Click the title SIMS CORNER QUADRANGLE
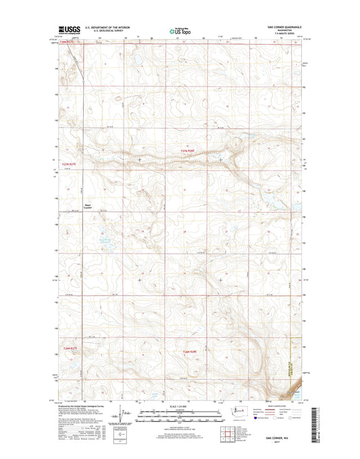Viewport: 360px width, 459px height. click(x=277, y=26)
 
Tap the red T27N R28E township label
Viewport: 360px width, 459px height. click(x=192, y=150)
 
